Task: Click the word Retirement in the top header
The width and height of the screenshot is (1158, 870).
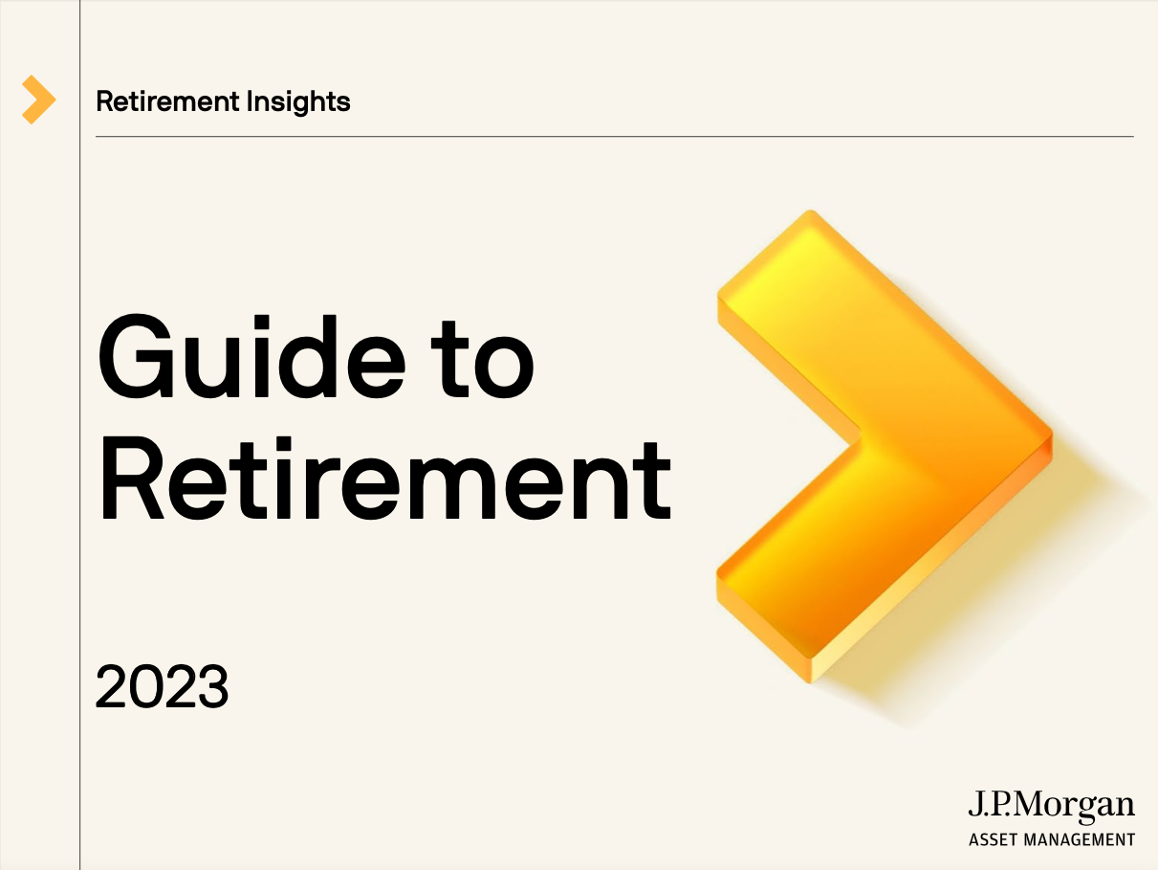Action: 167,100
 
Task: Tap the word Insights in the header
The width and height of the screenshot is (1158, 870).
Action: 298,101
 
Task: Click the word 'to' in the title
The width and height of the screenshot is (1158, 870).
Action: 483,360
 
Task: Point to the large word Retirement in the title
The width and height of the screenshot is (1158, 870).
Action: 386,479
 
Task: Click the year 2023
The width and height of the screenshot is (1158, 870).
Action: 162,686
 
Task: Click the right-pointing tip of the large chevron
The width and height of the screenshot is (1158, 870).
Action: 1052,439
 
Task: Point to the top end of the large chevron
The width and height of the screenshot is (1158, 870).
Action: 811,212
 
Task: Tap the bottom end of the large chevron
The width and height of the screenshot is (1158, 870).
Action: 810,681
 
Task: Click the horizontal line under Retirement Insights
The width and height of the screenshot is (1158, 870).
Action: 615,136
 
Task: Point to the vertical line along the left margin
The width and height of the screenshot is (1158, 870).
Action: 79,435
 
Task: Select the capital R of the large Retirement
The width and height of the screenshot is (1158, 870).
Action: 132,479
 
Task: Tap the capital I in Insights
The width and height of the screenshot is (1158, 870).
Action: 249,100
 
